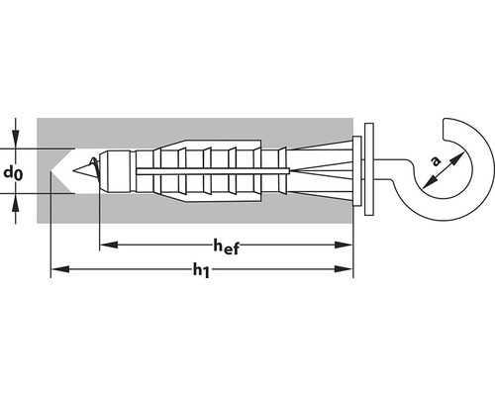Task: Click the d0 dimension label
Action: [12, 172]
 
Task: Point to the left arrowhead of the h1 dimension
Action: [57, 268]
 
